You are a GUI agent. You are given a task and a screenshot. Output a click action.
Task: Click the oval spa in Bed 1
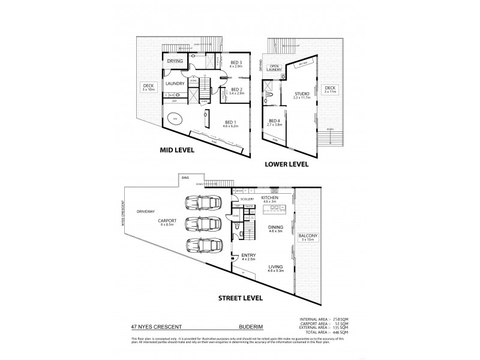(175, 120)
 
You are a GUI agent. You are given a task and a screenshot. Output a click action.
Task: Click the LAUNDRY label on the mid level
(174, 83)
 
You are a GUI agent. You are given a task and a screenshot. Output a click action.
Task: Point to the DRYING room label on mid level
(175, 61)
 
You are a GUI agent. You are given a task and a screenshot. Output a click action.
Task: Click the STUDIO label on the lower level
(301, 95)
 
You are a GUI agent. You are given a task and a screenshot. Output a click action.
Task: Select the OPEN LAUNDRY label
(275, 68)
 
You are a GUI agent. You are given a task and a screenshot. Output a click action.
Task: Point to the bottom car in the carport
(203, 245)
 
